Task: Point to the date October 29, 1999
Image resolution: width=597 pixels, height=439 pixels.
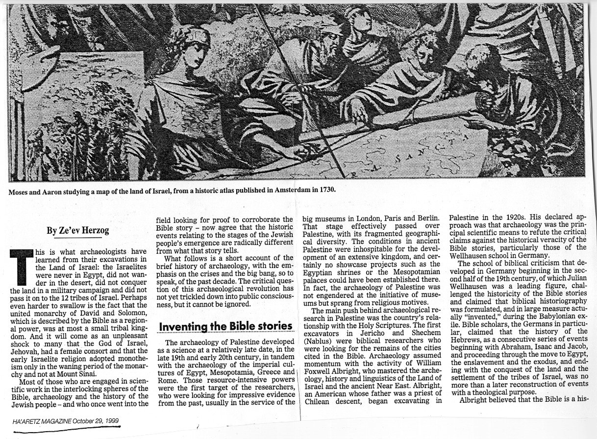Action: pyautogui.click(x=95, y=421)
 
